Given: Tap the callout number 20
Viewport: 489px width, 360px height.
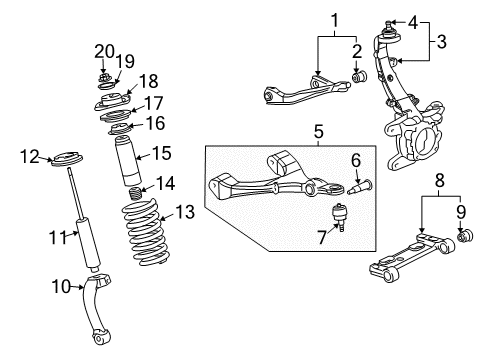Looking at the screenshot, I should point(105,50).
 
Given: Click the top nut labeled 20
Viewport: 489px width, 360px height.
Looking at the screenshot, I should point(107,76).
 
